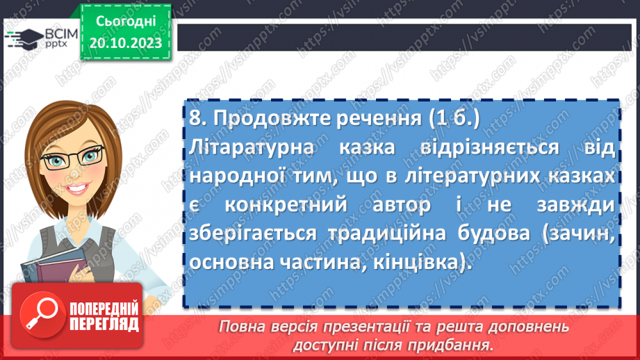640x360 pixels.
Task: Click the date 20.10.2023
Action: (x=126, y=44)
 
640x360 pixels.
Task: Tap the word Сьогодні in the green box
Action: (x=126, y=22)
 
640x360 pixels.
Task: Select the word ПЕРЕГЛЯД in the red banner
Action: (x=104, y=325)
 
